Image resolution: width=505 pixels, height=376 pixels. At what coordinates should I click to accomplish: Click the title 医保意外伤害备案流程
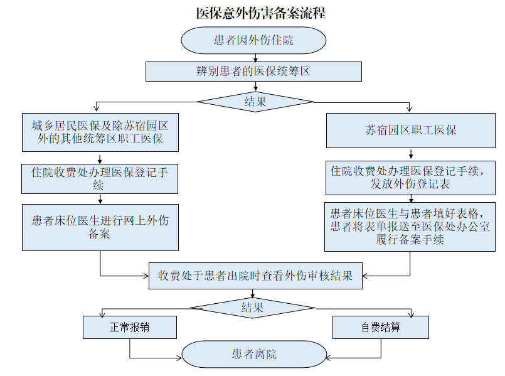pyautogui.click(x=261, y=14)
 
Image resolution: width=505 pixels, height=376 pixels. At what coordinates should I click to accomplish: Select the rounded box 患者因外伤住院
pyautogui.click(x=253, y=40)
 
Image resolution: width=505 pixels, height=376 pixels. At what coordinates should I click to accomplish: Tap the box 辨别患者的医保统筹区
pyautogui.click(x=253, y=72)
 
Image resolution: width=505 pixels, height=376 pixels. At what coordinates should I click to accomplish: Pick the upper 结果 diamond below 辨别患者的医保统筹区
pyautogui.click(x=255, y=102)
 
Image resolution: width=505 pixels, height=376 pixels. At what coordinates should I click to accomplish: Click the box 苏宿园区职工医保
pyautogui.click(x=411, y=131)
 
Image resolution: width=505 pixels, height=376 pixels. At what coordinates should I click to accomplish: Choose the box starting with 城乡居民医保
pyautogui.click(x=100, y=132)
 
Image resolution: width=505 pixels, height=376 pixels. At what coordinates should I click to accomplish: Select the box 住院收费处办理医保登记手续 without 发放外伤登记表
pyautogui.click(x=100, y=179)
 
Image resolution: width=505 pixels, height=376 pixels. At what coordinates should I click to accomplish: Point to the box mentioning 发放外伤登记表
pyautogui.click(x=410, y=178)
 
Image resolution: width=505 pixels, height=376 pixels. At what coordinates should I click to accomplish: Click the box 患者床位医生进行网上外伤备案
pyautogui.click(x=100, y=227)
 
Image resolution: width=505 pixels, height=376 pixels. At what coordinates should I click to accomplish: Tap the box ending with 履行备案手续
pyautogui.click(x=410, y=227)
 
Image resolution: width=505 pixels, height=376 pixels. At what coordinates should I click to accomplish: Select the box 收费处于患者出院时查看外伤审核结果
pyautogui.click(x=255, y=276)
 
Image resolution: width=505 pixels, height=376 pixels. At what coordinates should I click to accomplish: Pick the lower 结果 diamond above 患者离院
pyautogui.click(x=252, y=308)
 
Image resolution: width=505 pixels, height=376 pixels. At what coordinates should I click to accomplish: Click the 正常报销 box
pyautogui.click(x=130, y=327)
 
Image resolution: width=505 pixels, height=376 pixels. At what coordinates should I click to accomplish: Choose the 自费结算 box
pyautogui.click(x=381, y=327)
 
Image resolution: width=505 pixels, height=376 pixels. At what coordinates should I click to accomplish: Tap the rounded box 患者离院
pyautogui.click(x=254, y=354)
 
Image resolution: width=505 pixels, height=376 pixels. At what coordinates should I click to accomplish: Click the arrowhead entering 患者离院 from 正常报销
pyautogui.click(x=179, y=358)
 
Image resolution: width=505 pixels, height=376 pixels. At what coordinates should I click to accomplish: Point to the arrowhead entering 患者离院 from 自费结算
pyautogui.click(x=329, y=358)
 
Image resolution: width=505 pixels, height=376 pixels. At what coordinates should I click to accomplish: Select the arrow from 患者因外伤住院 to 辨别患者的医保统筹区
pyautogui.click(x=255, y=58)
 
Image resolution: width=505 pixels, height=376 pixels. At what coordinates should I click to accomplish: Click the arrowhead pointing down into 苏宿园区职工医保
pyautogui.click(x=409, y=109)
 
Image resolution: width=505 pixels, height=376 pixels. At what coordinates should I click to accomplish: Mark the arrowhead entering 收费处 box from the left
pyautogui.click(x=146, y=276)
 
